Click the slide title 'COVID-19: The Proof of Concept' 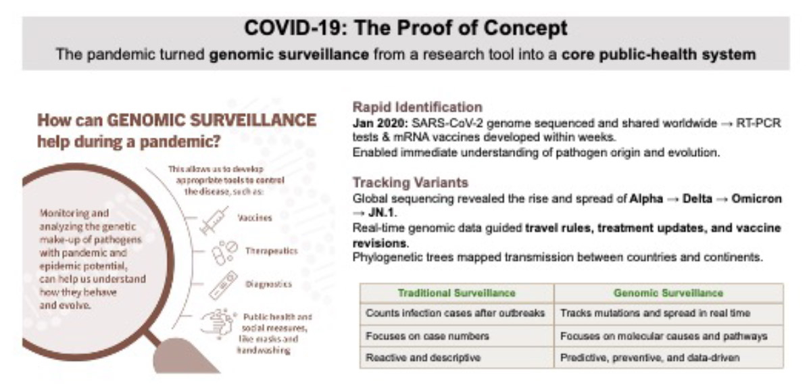click(406, 28)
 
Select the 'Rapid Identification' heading click(418, 107)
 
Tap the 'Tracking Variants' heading click(411, 182)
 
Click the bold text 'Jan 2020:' click(380, 123)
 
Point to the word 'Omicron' click(756, 199)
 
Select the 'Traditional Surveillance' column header click(457, 293)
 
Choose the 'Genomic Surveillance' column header click(668, 293)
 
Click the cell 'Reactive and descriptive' click(423, 358)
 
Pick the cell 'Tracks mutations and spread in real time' click(655, 313)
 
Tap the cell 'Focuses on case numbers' click(427, 336)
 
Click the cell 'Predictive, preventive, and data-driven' click(649, 358)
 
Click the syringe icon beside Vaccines click(214, 220)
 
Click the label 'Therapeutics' click(271, 251)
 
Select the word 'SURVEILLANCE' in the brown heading click(253, 120)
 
